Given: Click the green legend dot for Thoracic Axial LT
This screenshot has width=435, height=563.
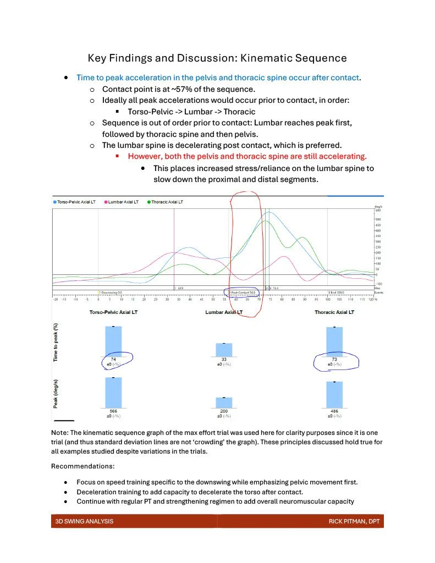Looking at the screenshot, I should [x=149, y=202].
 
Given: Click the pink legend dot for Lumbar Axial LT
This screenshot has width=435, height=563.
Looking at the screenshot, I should [x=106, y=202].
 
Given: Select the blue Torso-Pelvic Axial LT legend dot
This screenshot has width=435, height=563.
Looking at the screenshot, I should [x=55, y=202].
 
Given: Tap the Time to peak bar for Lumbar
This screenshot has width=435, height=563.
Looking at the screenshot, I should [x=223, y=349].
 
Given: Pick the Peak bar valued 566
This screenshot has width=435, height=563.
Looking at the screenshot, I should [x=113, y=393].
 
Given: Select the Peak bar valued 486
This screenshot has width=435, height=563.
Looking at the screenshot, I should [x=334, y=395].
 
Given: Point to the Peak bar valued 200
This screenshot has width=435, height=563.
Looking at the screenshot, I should [x=223, y=402].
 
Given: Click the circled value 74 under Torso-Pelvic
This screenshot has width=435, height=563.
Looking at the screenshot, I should [x=113, y=358].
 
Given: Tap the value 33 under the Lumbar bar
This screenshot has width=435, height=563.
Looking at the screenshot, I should [x=223, y=358].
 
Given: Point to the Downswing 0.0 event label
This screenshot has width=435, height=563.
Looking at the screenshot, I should [x=110, y=292].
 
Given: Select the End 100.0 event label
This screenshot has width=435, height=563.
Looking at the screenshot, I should [x=335, y=292].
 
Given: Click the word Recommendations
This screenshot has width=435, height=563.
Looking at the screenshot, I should [x=82, y=466].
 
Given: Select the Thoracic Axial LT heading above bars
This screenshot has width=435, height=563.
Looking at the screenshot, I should [x=334, y=312].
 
